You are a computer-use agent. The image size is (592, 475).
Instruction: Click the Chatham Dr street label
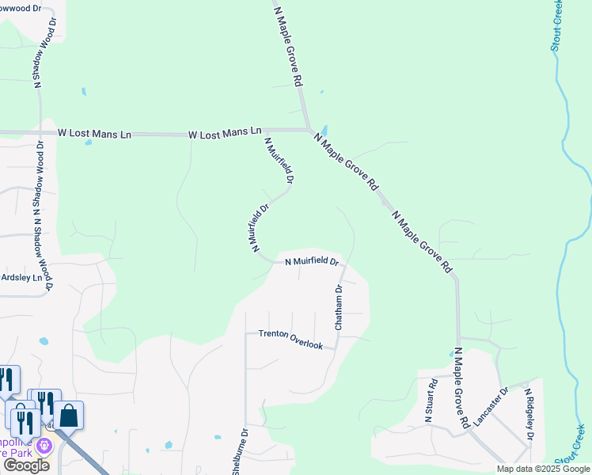(338, 308)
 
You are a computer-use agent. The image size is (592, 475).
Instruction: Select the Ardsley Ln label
(21, 278)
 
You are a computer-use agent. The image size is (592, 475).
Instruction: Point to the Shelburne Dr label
(238, 452)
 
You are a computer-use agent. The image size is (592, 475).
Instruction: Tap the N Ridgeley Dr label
(528, 414)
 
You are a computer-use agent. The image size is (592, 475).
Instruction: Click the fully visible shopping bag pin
(69, 416)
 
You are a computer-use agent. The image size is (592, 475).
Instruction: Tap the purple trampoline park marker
(44, 446)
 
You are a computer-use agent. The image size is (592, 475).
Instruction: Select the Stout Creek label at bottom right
(570, 445)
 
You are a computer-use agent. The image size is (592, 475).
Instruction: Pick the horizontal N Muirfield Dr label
(311, 260)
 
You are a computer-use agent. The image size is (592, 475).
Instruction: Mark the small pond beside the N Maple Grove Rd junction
(324, 131)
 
